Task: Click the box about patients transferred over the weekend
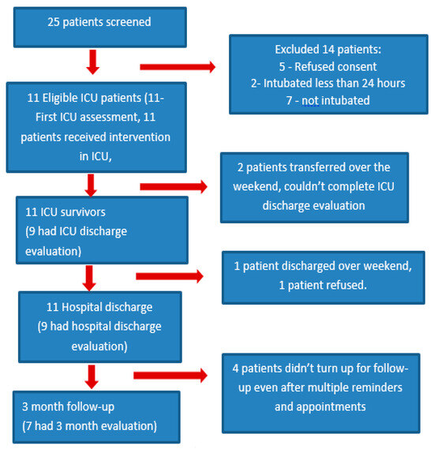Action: (x=314, y=187)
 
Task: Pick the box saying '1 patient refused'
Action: (x=323, y=276)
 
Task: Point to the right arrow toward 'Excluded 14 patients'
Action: (x=177, y=67)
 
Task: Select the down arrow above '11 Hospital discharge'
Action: (x=89, y=277)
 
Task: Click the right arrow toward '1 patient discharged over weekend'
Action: (x=169, y=276)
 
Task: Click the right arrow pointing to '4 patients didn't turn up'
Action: (x=170, y=375)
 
